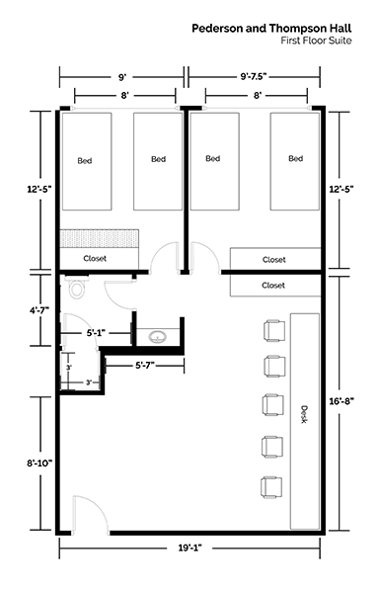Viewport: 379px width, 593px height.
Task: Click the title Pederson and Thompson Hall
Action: [271, 29]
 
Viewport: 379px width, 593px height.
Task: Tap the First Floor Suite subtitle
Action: [316, 41]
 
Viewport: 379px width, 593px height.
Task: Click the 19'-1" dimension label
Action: [189, 548]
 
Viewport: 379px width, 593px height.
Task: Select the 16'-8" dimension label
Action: [341, 401]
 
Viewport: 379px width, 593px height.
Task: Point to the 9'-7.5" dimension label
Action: [254, 77]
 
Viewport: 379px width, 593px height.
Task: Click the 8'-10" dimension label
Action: [39, 463]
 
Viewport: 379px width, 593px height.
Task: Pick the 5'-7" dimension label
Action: [145, 366]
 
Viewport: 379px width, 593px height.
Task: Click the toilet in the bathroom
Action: [77, 287]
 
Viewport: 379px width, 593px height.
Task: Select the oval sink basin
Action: [157, 337]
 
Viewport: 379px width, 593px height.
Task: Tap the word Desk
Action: [304, 414]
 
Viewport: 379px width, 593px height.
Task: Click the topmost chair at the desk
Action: [274, 330]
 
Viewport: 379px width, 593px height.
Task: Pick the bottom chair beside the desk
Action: [271, 486]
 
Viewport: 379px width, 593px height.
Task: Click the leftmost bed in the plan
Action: [87, 161]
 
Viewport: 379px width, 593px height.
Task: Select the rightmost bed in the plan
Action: [294, 161]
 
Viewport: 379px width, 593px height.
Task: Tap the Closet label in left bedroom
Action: [95, 259]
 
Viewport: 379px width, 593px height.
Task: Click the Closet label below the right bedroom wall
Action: [273, 286]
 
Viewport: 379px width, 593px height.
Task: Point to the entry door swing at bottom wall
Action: [91, 514]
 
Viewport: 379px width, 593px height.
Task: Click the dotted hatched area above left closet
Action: [100, 238]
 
